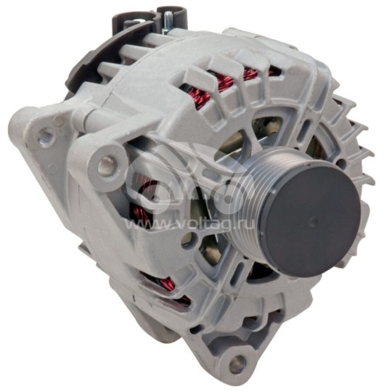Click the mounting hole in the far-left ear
46,134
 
